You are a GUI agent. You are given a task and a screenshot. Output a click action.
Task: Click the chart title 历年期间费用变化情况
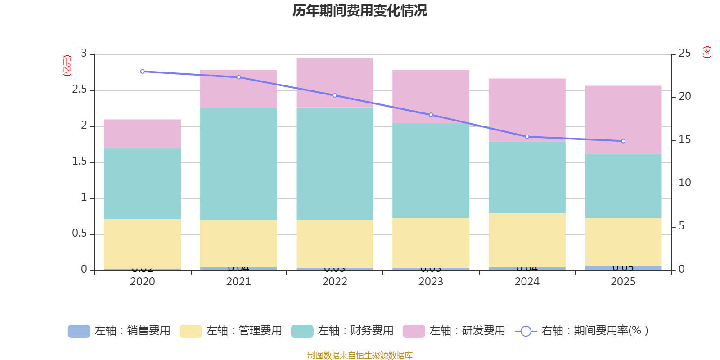[360, 11]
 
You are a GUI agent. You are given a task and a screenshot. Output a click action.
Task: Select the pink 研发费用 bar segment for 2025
[623, 120]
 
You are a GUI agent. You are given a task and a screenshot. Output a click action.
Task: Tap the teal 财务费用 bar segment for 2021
[238, 164]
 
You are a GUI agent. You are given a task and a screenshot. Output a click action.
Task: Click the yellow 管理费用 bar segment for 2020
[143, 244]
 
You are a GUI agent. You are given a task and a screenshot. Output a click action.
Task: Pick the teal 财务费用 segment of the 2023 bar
[431, 171]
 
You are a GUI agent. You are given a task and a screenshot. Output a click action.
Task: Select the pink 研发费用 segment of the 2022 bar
[334, 82]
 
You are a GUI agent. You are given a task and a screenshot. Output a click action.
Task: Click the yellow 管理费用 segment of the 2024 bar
[527, 240]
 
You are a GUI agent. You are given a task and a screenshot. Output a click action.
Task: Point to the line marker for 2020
[143, 72]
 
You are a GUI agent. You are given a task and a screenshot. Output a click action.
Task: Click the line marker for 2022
[335, 95]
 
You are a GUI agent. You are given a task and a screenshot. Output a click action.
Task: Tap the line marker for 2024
[527, 137]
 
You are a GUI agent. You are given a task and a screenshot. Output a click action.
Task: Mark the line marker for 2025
[623, 141]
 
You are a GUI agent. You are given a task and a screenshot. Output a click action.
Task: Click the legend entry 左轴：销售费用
[120, 331]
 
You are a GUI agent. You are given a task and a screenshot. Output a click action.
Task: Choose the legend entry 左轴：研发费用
[454, 331]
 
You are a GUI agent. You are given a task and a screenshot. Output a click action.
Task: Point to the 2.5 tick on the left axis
[79, 90]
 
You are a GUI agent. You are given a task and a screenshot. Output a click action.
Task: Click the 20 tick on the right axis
[684, 96]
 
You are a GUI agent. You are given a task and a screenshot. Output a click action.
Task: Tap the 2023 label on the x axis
[431, 282]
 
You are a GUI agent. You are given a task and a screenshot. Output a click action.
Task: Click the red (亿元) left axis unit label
[67, 66]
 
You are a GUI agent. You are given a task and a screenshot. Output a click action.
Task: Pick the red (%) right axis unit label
[706, 52]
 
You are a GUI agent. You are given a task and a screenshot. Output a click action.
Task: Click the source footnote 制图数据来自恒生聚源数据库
[360, 355]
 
